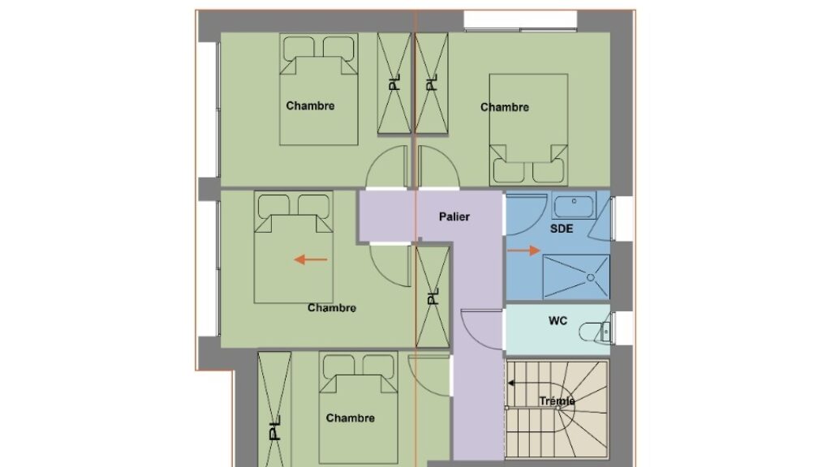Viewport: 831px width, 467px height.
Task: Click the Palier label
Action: tap(454, 216)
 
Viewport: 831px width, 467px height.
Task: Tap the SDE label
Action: tap(562, 229)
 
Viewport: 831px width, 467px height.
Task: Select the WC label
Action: tap(558, 321)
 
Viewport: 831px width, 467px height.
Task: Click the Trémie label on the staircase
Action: tap(557, 401)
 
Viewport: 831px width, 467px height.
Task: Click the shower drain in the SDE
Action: tap(591, 277)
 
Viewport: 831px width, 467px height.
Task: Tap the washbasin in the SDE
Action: tap(574, 205)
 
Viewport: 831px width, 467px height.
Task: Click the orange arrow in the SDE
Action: tap(523, 251)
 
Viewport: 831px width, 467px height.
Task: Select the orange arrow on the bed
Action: tap(311, 259)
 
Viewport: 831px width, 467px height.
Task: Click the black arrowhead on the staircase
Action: tap(511, 383)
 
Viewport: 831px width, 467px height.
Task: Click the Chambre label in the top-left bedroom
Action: tap(310, 106)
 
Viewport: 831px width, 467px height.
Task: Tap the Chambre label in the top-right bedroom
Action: tap(505, 108)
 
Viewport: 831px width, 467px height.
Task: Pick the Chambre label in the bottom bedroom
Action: tap(351, 418)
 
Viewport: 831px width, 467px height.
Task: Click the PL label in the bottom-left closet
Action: tap(274, 428)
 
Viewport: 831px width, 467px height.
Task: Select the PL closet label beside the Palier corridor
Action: tap(433, 296)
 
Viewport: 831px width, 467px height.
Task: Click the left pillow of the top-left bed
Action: tap(299, 48)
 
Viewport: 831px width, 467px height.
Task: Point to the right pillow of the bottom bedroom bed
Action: tap(378, 366)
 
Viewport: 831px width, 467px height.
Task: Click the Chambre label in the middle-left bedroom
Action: tap(332, 308)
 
